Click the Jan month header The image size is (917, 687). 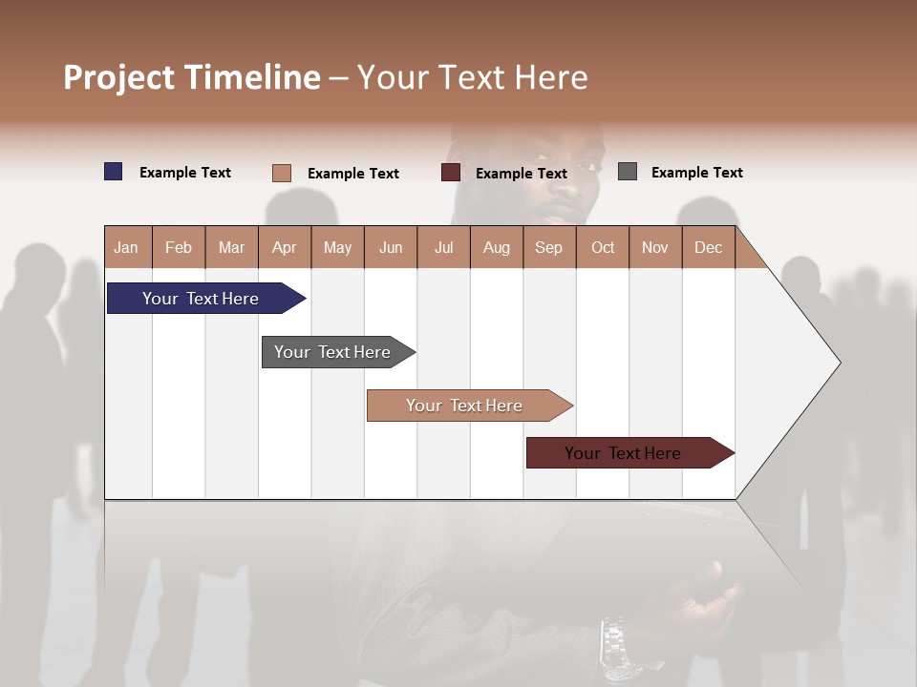click(126, 247)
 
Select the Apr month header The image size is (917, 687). click(284, 247)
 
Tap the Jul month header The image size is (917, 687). click(443, 247)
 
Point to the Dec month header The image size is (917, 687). click(708, 247)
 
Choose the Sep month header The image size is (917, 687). click(548, 247)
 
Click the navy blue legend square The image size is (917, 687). click(113, 172)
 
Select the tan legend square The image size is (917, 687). click(281, 173)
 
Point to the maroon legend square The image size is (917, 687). click(450, 173)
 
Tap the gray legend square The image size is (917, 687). click(627, 172)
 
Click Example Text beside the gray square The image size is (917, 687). click(696, 172)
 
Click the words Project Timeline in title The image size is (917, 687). click(191, 77)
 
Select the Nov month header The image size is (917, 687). click(654, 247)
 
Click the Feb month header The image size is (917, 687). click(179, 247)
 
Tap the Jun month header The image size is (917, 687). click(390, 247)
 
